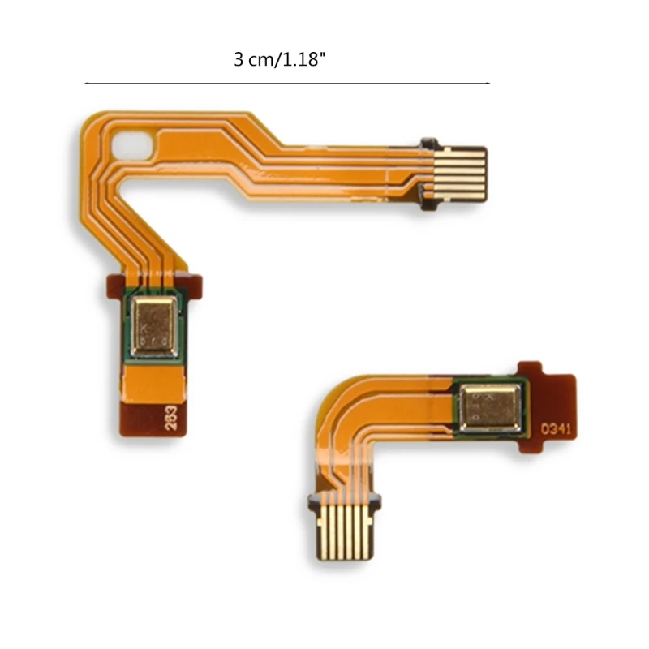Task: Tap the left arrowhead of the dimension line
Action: click(87, 83)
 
